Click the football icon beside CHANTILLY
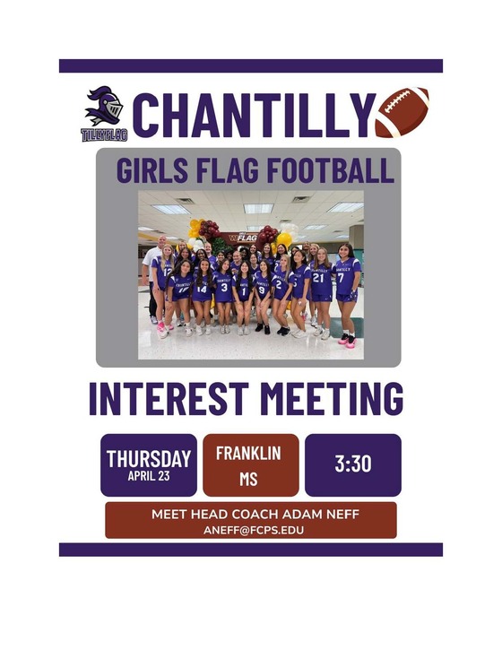pyautogui.click(x=402, y=113)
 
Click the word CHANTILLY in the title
pyautogui.click(x=251, y=115)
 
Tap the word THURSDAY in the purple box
pyautogui.click(x=149, y=458)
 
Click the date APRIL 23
pyautogui.click(x=149, y=476)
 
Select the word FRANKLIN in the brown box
pyautogui.click(x=248, y=453)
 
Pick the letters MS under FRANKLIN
pyautogui.click(x=248, y=480)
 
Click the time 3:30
pyautogui.click(x=353, y=464)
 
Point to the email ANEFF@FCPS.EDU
pyautogui.click(x=250, y=530)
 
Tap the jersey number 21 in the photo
pyautogui.click(x=318, y=277)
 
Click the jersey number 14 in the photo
pyautogui.click(x=201, y=289)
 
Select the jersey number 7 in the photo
pyautogui.click(x=342, y=277)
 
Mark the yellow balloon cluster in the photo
pyautogui.click(x=195, y=228)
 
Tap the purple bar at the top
pyautogui.click(x=251, y=66)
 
